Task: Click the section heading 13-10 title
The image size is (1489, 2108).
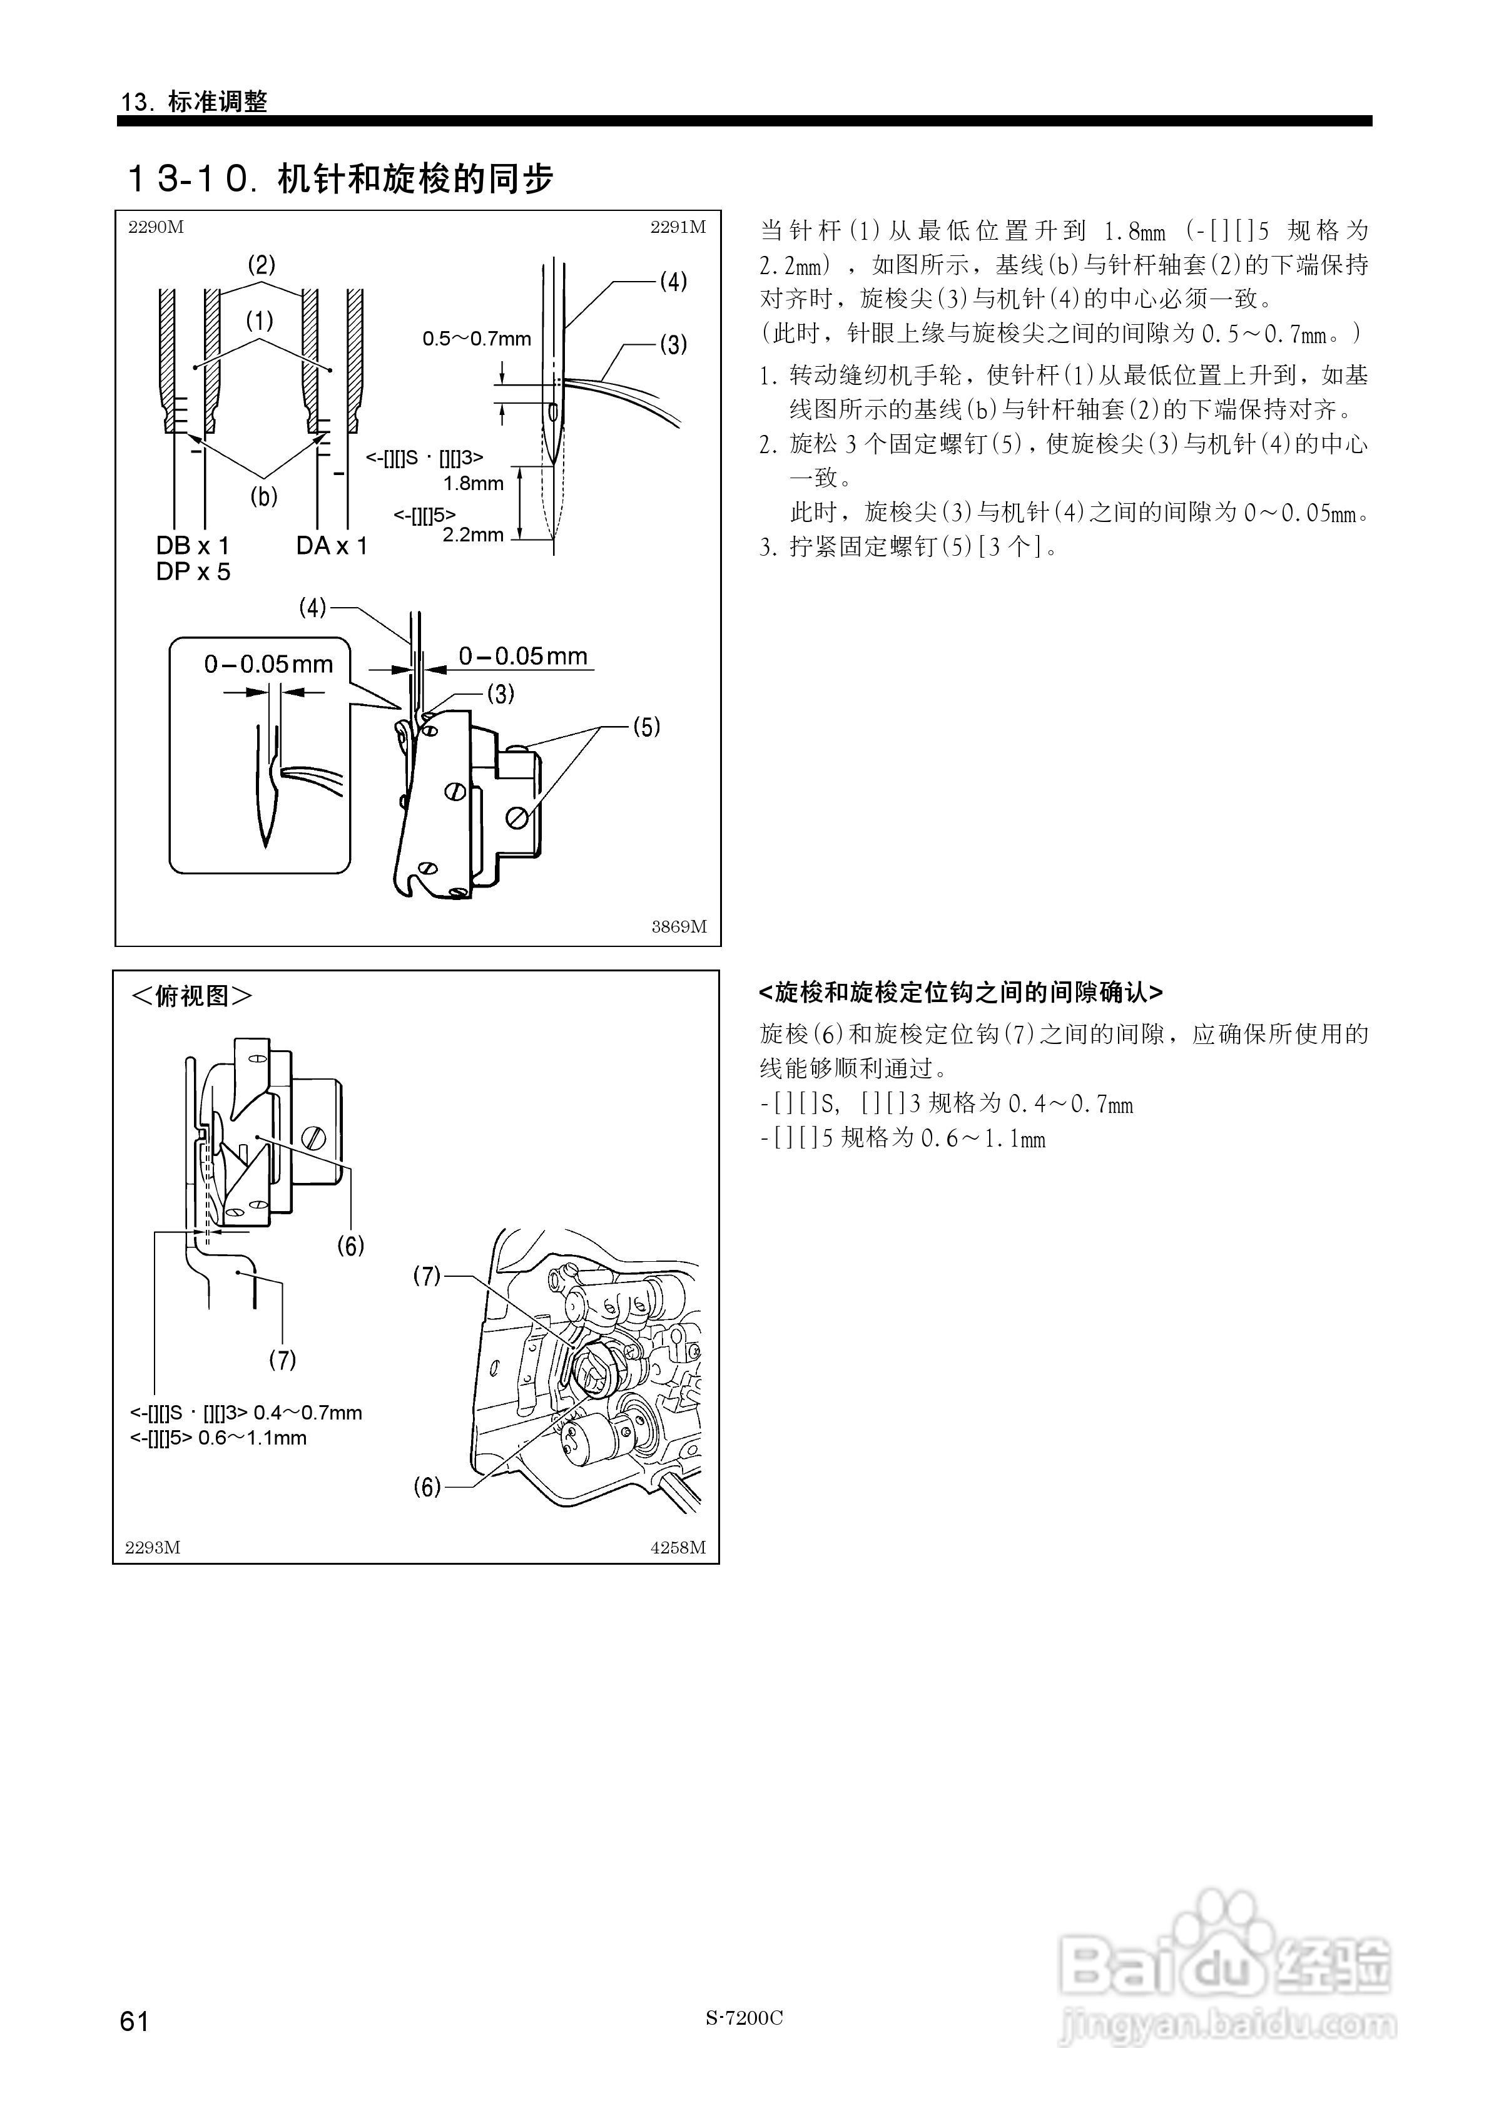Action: pos(340,179)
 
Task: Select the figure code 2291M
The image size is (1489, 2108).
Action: pos(678,228)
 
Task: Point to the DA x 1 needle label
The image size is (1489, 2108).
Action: pos(332,546)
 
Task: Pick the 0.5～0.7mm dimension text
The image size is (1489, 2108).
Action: pos(477,339)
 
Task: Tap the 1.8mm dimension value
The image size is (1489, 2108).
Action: pos(473,483)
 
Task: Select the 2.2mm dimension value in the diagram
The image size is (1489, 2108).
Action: pos(473,535)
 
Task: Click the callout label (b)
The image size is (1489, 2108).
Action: pos(263,497)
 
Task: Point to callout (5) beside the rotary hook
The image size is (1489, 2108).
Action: pos(646,727)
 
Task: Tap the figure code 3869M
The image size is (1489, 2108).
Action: pos(678,926)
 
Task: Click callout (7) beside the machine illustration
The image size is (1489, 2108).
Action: pos(427,1276)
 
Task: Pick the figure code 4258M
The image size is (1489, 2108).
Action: pos(678,1548)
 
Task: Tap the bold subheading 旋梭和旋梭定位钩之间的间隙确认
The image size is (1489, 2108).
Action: pos(960,993)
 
